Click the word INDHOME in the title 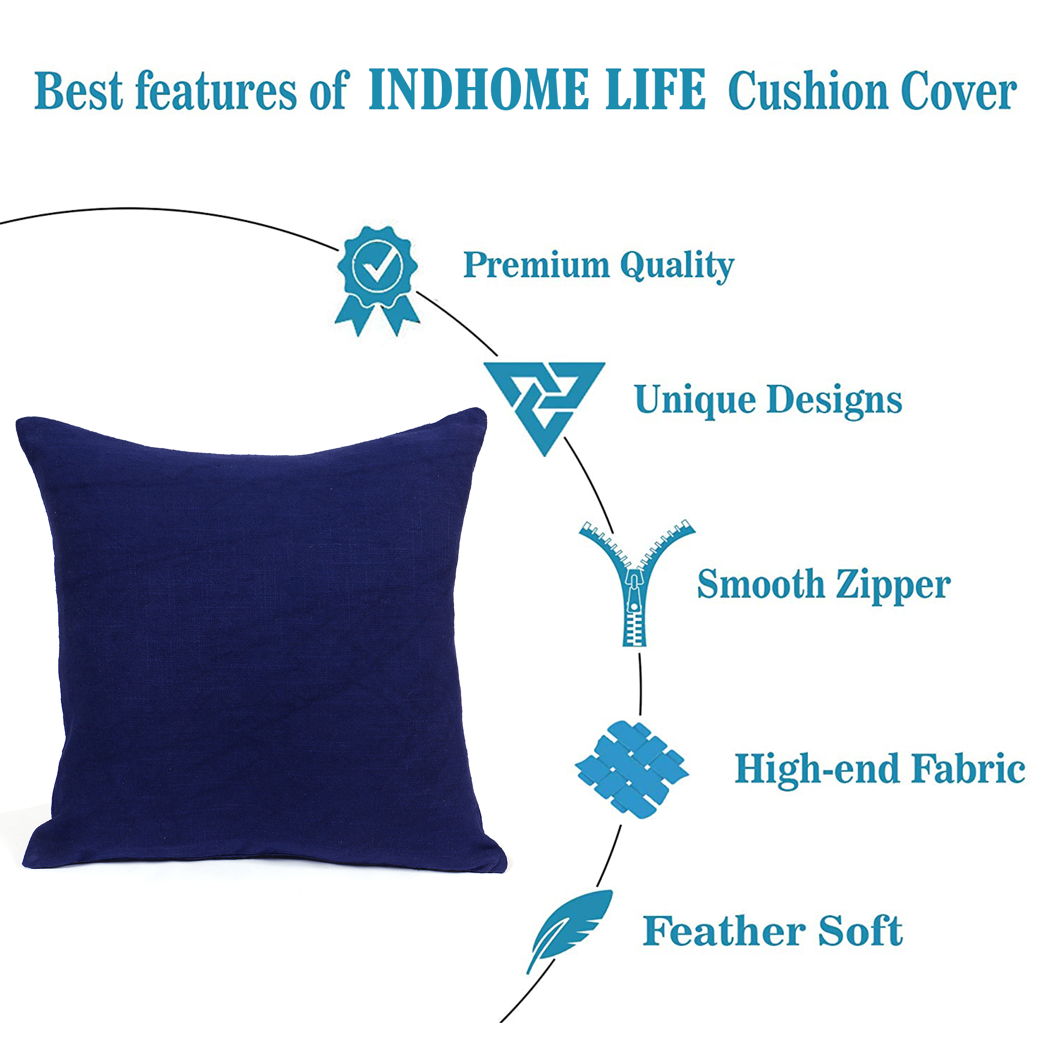pos(477,90)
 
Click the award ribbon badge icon pos(377,281)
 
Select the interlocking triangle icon pos(544,408)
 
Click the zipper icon pos(637,582)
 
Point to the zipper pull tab pos(636,590)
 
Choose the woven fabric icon pos(631,770)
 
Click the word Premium pos(536,265)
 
